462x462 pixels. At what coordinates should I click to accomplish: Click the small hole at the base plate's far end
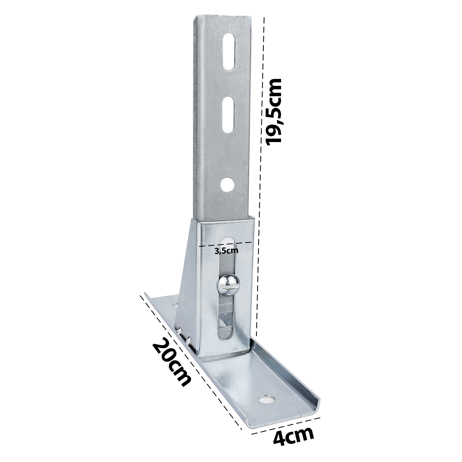pyautogui.click(x=175, y=305)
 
